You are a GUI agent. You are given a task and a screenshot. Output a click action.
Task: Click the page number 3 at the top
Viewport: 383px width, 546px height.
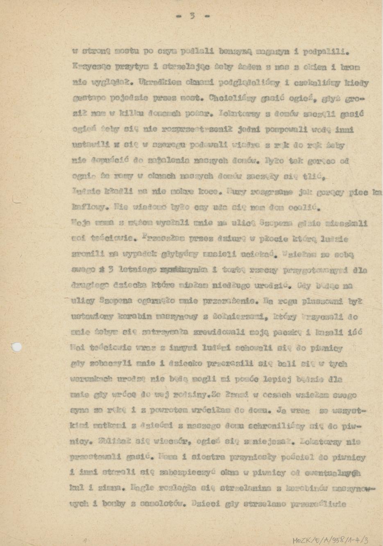click(x=192, y=16)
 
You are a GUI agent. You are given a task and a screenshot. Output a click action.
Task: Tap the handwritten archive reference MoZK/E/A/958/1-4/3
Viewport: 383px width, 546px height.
click(x=331, y=540)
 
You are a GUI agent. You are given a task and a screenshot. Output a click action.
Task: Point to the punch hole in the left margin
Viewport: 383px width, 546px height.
click(x=17, y=347)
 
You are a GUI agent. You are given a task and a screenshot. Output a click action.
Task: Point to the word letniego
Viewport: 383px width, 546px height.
click(x=140, y=270)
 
